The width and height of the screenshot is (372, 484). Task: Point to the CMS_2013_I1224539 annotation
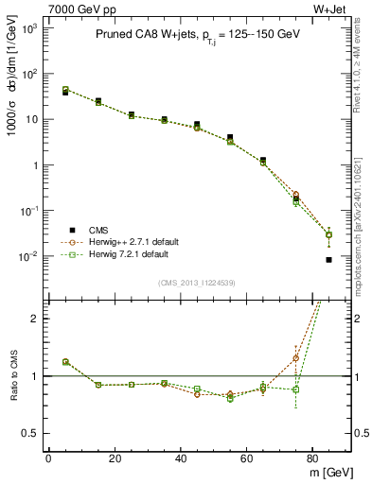pyautogui.click(x=198, y=281)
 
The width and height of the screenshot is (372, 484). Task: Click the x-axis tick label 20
pyautogui.click(x=115, y=458)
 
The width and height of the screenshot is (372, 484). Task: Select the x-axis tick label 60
pyautogui.click(x=247, y=458)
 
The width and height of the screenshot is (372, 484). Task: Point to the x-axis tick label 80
pyautogui.click(x=313, y=458)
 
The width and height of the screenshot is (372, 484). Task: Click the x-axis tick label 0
pyautogui.click(x=48, y=458)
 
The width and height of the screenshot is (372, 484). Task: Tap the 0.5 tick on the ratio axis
pyautogui.click(x=31, y=434)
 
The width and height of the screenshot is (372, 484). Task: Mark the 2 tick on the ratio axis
pyautogui.click(x=36, y=319)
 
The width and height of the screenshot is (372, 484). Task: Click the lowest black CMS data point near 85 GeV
pyautogui.click(x=328, y=259)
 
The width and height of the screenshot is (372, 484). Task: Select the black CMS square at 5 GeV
pyautogui.click(x=65, y=93)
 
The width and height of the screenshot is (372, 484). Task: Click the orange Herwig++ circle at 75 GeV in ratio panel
pyautogui.click(x=295, y=357)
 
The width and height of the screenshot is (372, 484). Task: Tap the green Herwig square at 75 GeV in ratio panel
pyautogui.click(x=295, y=389)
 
